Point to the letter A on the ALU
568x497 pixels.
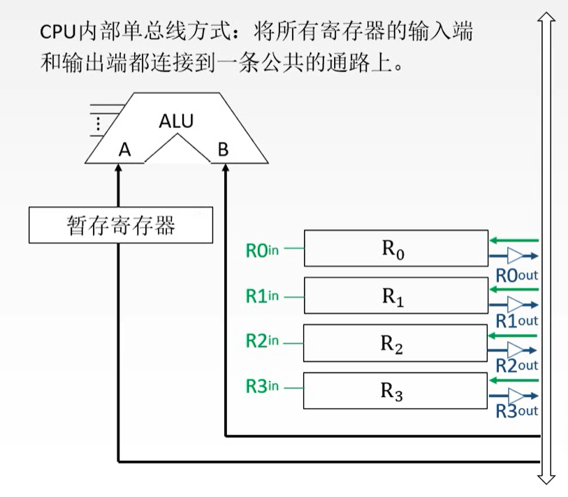click(125, 149)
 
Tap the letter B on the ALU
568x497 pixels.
click(223, 149)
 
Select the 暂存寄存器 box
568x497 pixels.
click(121, 225)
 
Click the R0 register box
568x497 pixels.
click(395, 248)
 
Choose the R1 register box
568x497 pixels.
click(395, 295)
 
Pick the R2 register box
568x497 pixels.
click(395, 343)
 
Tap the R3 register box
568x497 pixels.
click(395, 390)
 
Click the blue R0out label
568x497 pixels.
click(516, 275)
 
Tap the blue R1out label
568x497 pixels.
click(516, 321)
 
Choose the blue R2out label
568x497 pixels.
click(516, 366)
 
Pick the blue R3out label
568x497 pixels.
click(516, 411)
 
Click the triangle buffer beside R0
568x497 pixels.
click(516, 256)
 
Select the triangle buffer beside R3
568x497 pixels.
click(516, 396)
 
